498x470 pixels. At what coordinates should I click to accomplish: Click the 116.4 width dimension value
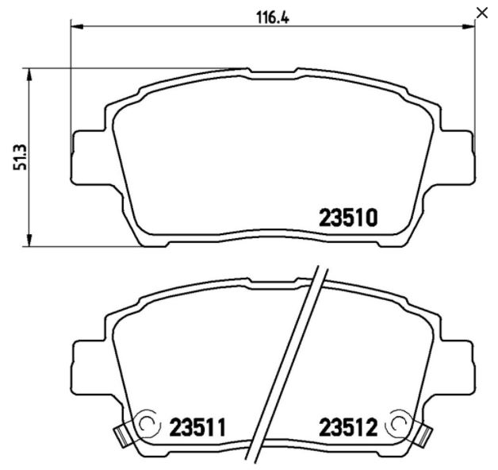(x=273, y=17)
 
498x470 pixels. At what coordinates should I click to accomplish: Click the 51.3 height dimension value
(x=20, y=157)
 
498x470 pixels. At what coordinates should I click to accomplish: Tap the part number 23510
(x=348, y=218)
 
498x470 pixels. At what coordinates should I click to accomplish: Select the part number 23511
(x=197, y=427)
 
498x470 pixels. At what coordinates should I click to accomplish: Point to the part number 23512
(x=348, y=427)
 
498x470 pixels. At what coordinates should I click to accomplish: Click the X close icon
(x=482, y=13)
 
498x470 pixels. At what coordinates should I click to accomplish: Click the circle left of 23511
(x=147, y=424)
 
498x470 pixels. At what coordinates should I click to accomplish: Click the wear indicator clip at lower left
(x=121, y=435)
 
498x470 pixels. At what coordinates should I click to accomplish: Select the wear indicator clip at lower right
(x=424, y=435)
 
